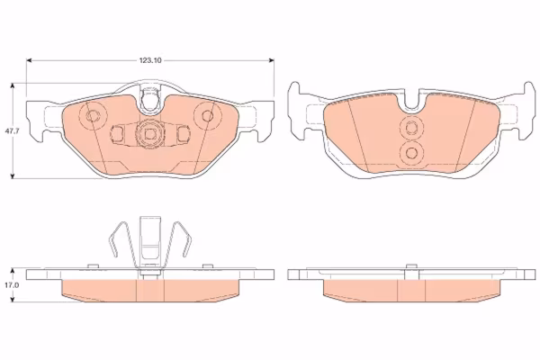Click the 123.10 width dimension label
pyautogui.click(x=150, y=60)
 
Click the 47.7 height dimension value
pyautogui.click(x=9, y=130)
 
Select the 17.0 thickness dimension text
pyautogui.click(x=9, y=285)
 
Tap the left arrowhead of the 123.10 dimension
pyautogui.click(x=30, y=60)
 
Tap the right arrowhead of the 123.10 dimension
pyautogui.click(x=272, y=60)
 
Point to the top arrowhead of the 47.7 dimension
pyautogui.click(x=13, y=85)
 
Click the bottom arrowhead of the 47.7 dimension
pyautogui.click(x=13, y=176)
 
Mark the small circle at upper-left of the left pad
pyautogui.click(x=93, y=115)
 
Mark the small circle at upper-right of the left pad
pyautogui.click(x=207, y=115)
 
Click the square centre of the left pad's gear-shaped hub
pyautogui.click(x=149, y=133)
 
